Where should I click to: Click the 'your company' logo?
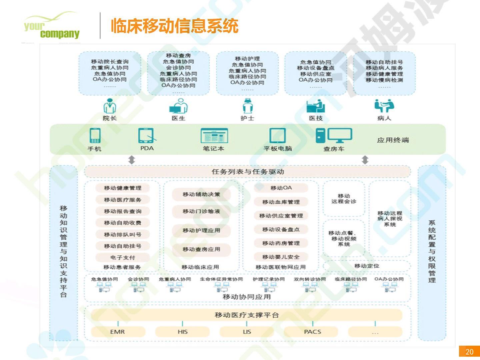pyautogui.click(x=52, y=27)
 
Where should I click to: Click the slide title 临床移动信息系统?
pyautogui.click(x=174, y=26)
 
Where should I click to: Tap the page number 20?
pyautogui.click(x=469, y=352)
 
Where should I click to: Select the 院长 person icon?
pyautogui.click(x=110, y=106)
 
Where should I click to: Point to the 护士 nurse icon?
pyautogui.click(x=247, y=106)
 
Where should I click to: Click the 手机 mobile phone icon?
pyautogui.click(x=95, y=136)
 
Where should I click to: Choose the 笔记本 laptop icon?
pyautogui.click(x=214, y=136)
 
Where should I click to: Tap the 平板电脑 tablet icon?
pyautogui.click(x=277, y=136)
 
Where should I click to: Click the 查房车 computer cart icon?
pyautogui.click(x=334, y=136)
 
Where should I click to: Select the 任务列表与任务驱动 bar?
pyautogui.click(x=247, y=172)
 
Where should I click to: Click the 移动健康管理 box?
pyautogui.click(x=122, y=188)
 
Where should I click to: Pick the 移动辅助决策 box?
pyautogui.click(x=201, y=194)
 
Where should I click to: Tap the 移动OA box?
pyautogui.click(x=281, y=188)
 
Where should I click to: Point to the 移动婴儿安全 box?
pyautogui.click(x=281, y=257)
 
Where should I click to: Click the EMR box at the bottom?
pyautogui.click(x=118, y=332)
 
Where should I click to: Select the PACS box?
pyautogui.click(x=312, y=332)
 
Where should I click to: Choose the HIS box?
pyautogui.click(x=182, y=332)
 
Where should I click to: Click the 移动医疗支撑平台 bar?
pyautogui.click(x=247, y=315)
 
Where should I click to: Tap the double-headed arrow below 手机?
pyautogui.click(x=132, y=160)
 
